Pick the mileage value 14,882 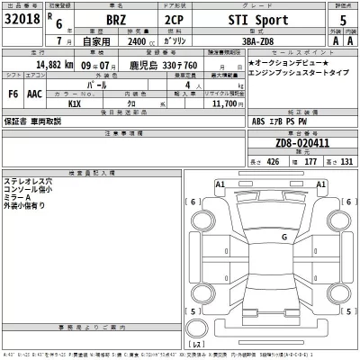pos(54,66)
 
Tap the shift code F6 pos(13,94)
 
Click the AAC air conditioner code pos(34,94)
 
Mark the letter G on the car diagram pos(283,237)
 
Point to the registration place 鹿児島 pos(142,66)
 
